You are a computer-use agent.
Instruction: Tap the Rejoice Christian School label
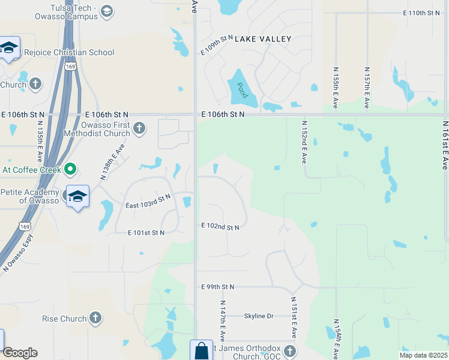67,52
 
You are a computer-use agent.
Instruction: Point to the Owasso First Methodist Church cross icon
139,127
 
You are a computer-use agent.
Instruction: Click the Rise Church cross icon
95,318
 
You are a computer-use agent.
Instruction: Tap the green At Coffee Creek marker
70,170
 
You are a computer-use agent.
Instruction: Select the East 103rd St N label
148,201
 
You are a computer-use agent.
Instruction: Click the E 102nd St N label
220,227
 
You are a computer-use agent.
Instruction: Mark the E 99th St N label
218,287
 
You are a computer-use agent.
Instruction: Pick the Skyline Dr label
259,316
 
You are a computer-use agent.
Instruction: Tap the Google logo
20,353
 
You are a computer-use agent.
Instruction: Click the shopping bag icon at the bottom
201,351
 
